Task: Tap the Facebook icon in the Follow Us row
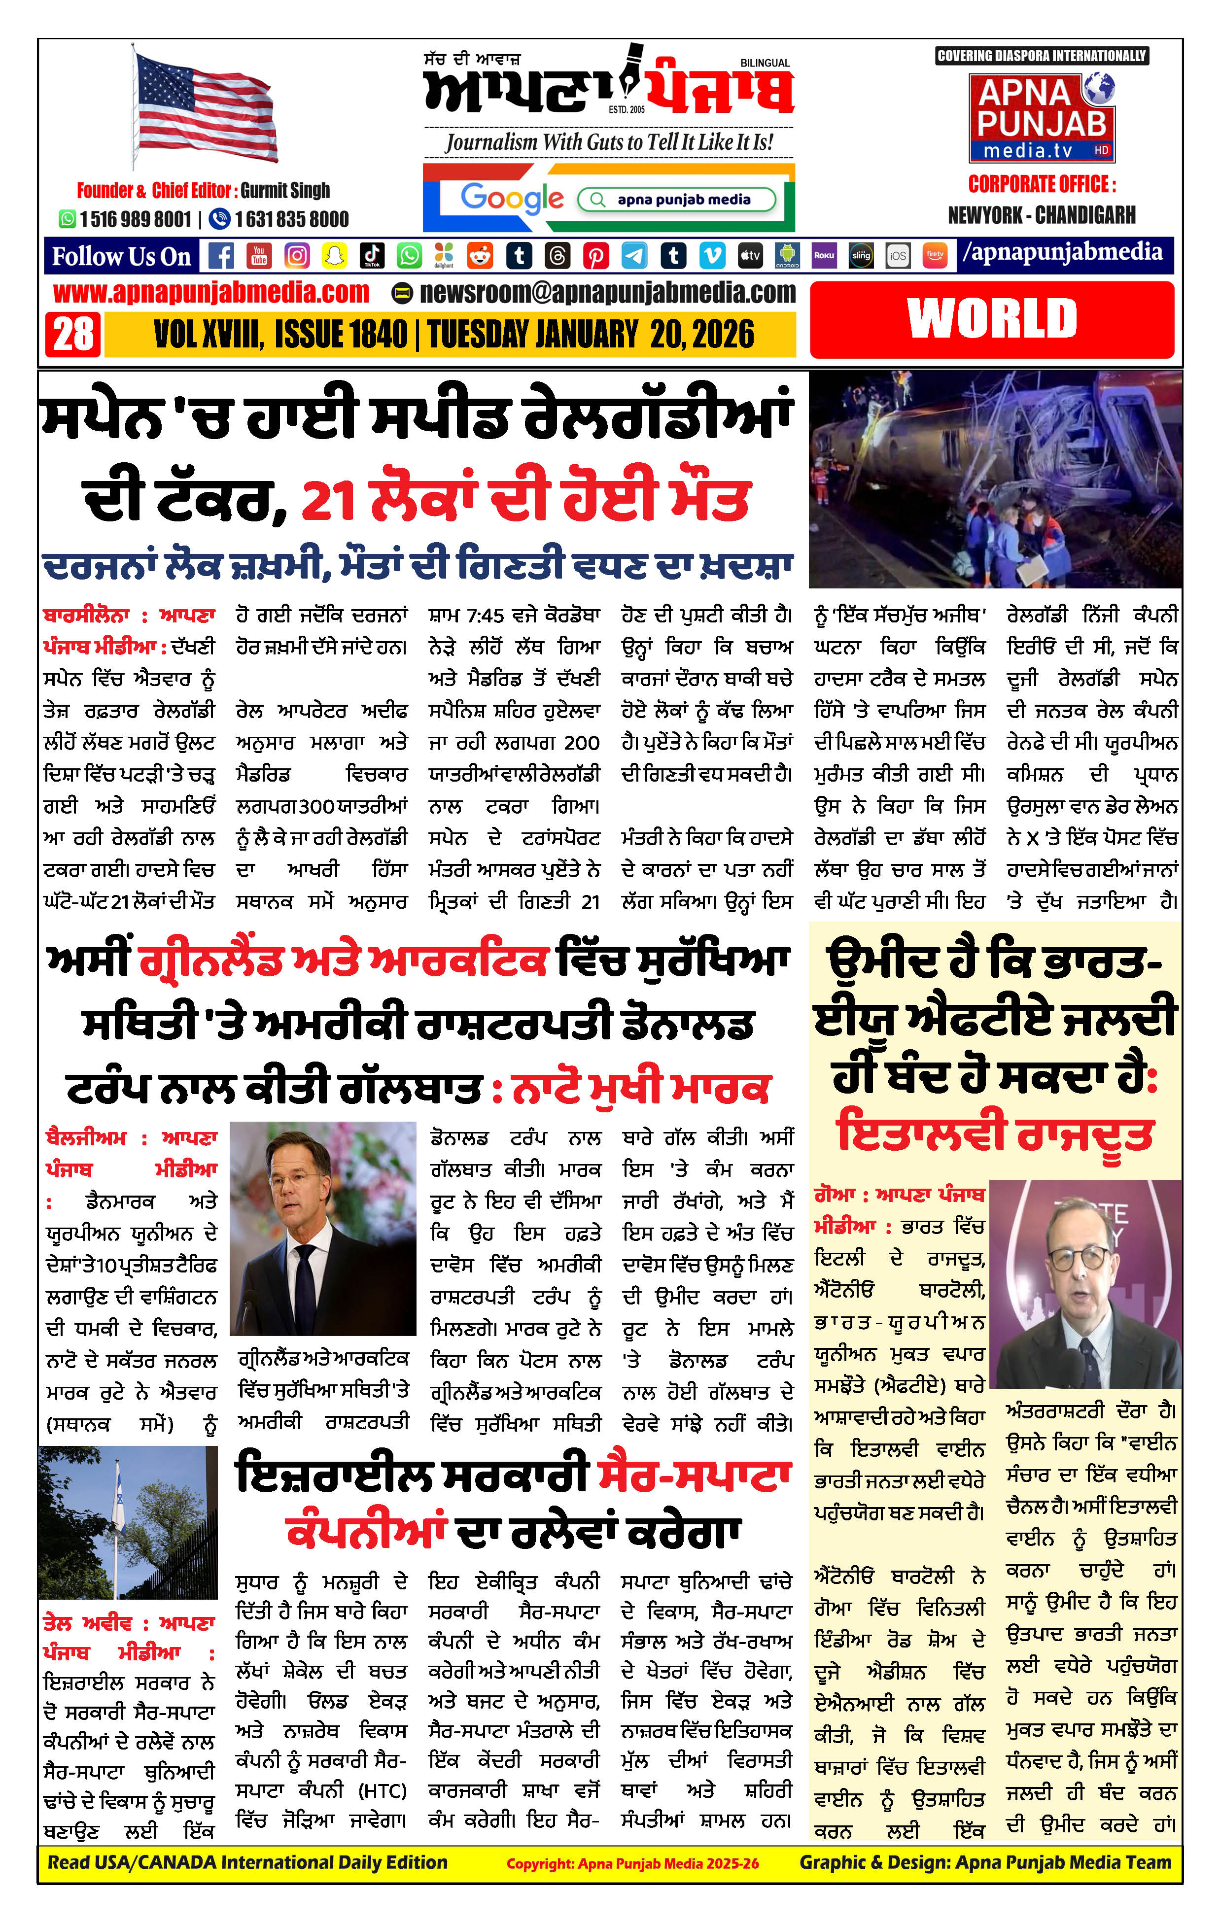click(221, 255)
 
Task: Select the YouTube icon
click(259, 255)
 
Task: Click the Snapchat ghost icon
click(334, 255)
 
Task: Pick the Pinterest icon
click(595, 255)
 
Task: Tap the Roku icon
click(824, 255)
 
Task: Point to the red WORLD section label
click(992, 319)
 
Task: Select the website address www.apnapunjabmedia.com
click(211, 293)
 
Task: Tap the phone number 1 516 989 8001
click(135, 219)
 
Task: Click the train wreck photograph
click(995, 479)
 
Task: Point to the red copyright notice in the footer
click(632, 1864)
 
